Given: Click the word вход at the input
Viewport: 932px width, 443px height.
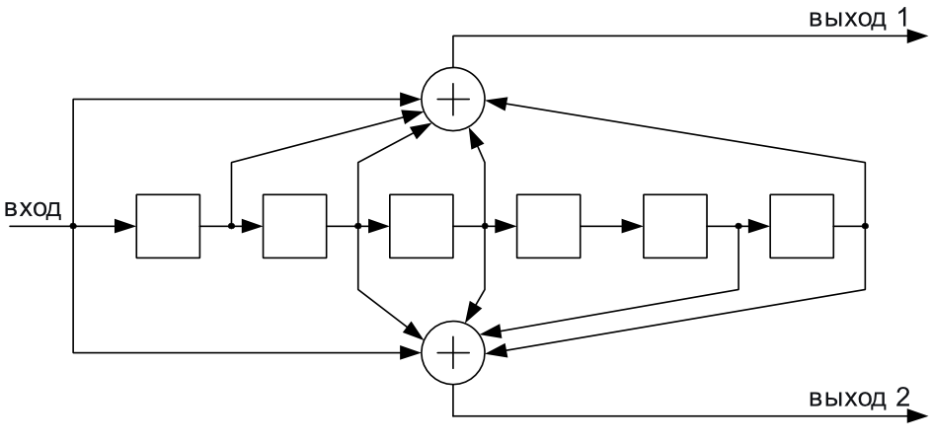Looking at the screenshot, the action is [33, 208].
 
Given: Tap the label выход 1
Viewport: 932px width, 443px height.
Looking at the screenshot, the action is [858, 18].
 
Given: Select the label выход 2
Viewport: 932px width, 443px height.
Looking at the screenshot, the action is [859, 398].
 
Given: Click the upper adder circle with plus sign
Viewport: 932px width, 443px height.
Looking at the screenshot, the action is [453, 99].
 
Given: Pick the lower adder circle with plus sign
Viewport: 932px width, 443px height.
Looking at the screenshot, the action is [453, 352].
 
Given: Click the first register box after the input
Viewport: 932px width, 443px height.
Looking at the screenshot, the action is [168, 226].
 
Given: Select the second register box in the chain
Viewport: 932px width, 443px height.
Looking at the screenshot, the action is [295, 226].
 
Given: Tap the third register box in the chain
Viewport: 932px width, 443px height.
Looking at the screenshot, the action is [422, 226].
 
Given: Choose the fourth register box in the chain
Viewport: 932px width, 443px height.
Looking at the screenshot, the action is [549, 226].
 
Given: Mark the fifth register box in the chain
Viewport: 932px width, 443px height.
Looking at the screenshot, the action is [675, 226].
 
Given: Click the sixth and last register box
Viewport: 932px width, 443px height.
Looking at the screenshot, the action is [802, 226].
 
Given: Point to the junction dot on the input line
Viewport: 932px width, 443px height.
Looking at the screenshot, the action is [73, 226].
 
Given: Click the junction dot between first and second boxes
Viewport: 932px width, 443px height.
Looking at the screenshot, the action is [231, 226].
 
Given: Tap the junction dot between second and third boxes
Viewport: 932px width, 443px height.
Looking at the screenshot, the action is [357, 226].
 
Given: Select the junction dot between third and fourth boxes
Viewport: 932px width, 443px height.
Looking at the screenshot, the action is [485, 226].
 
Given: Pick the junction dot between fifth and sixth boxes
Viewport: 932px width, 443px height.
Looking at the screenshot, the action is [738, 226].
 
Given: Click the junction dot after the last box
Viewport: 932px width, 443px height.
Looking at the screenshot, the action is [866, 226].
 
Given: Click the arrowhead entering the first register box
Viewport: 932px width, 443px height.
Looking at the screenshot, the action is [125, 226].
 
